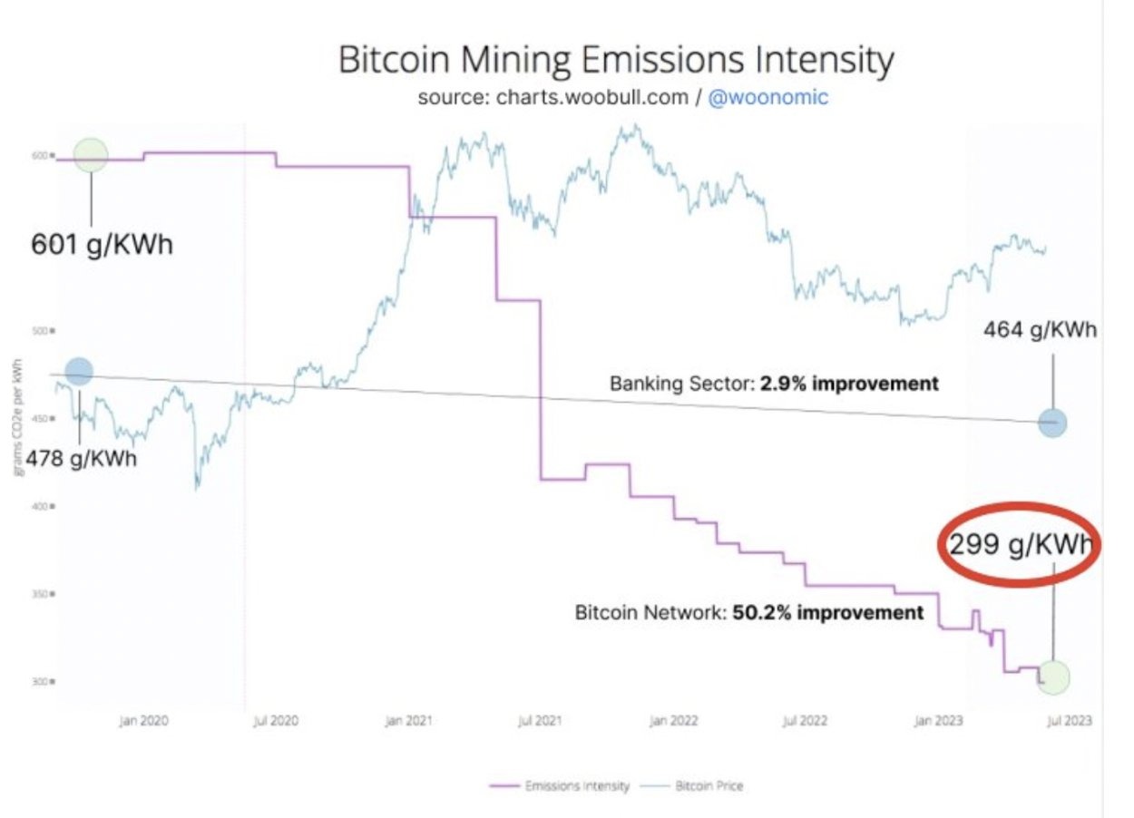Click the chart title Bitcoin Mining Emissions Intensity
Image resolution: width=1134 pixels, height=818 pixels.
click(616, 61)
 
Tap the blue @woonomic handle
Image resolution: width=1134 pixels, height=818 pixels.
click(767, 98)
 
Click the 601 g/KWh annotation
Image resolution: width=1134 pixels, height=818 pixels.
click(102, 244)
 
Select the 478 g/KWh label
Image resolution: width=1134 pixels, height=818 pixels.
click(81, 458)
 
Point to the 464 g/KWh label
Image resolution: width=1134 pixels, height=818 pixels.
click(1040, 329)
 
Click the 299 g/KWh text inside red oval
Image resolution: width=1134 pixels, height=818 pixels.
click(1020, 546)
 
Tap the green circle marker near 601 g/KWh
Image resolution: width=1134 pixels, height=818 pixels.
click(91, 155)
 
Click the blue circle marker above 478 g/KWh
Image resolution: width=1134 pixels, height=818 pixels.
click(79, 371)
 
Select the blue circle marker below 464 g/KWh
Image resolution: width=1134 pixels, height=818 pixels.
click(1052, 423)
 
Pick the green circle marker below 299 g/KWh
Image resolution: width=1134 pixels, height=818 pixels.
click(1054, 676)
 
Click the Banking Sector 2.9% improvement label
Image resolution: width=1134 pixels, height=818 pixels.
click(774, 384)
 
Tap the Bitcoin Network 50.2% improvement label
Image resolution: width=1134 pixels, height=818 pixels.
click(749, 612)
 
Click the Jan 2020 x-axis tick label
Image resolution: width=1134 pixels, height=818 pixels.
click(143, 721)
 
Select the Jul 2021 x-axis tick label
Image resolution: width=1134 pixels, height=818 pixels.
click(540, 721)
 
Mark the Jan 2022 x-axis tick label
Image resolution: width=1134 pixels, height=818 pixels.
click(673, 721)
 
